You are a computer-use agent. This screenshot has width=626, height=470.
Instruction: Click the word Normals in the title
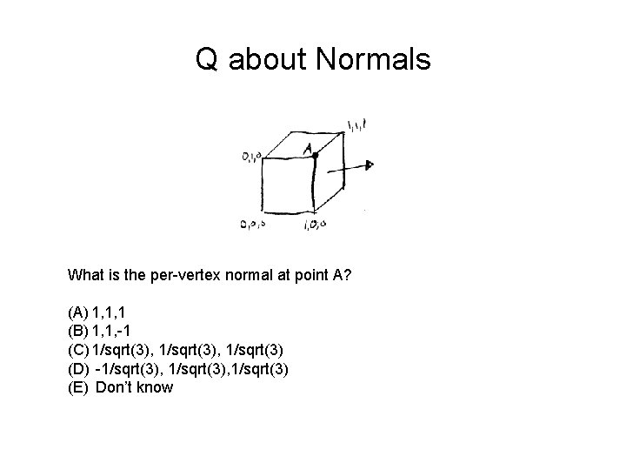coord(375,60)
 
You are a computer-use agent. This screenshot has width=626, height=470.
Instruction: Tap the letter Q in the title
coord(207,60)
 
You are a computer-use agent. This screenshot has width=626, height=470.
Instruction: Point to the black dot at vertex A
coord(316,154)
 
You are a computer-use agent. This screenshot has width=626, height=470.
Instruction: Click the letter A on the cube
coord(306,149)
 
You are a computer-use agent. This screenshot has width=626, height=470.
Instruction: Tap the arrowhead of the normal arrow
coord(370,164)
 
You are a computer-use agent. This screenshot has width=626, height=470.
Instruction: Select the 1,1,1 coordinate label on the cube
coord(356,127)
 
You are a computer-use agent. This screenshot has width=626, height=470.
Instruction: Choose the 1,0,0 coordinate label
coord(315,225)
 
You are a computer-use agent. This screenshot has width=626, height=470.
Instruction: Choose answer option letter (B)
coord(77,330)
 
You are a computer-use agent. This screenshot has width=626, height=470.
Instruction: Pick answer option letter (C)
coord(77,349)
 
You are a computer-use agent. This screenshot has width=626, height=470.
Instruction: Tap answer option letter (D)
coord(77,368)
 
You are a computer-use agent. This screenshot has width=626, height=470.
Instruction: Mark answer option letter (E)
coord(77,387)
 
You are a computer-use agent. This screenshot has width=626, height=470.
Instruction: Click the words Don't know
coord(134,387)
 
